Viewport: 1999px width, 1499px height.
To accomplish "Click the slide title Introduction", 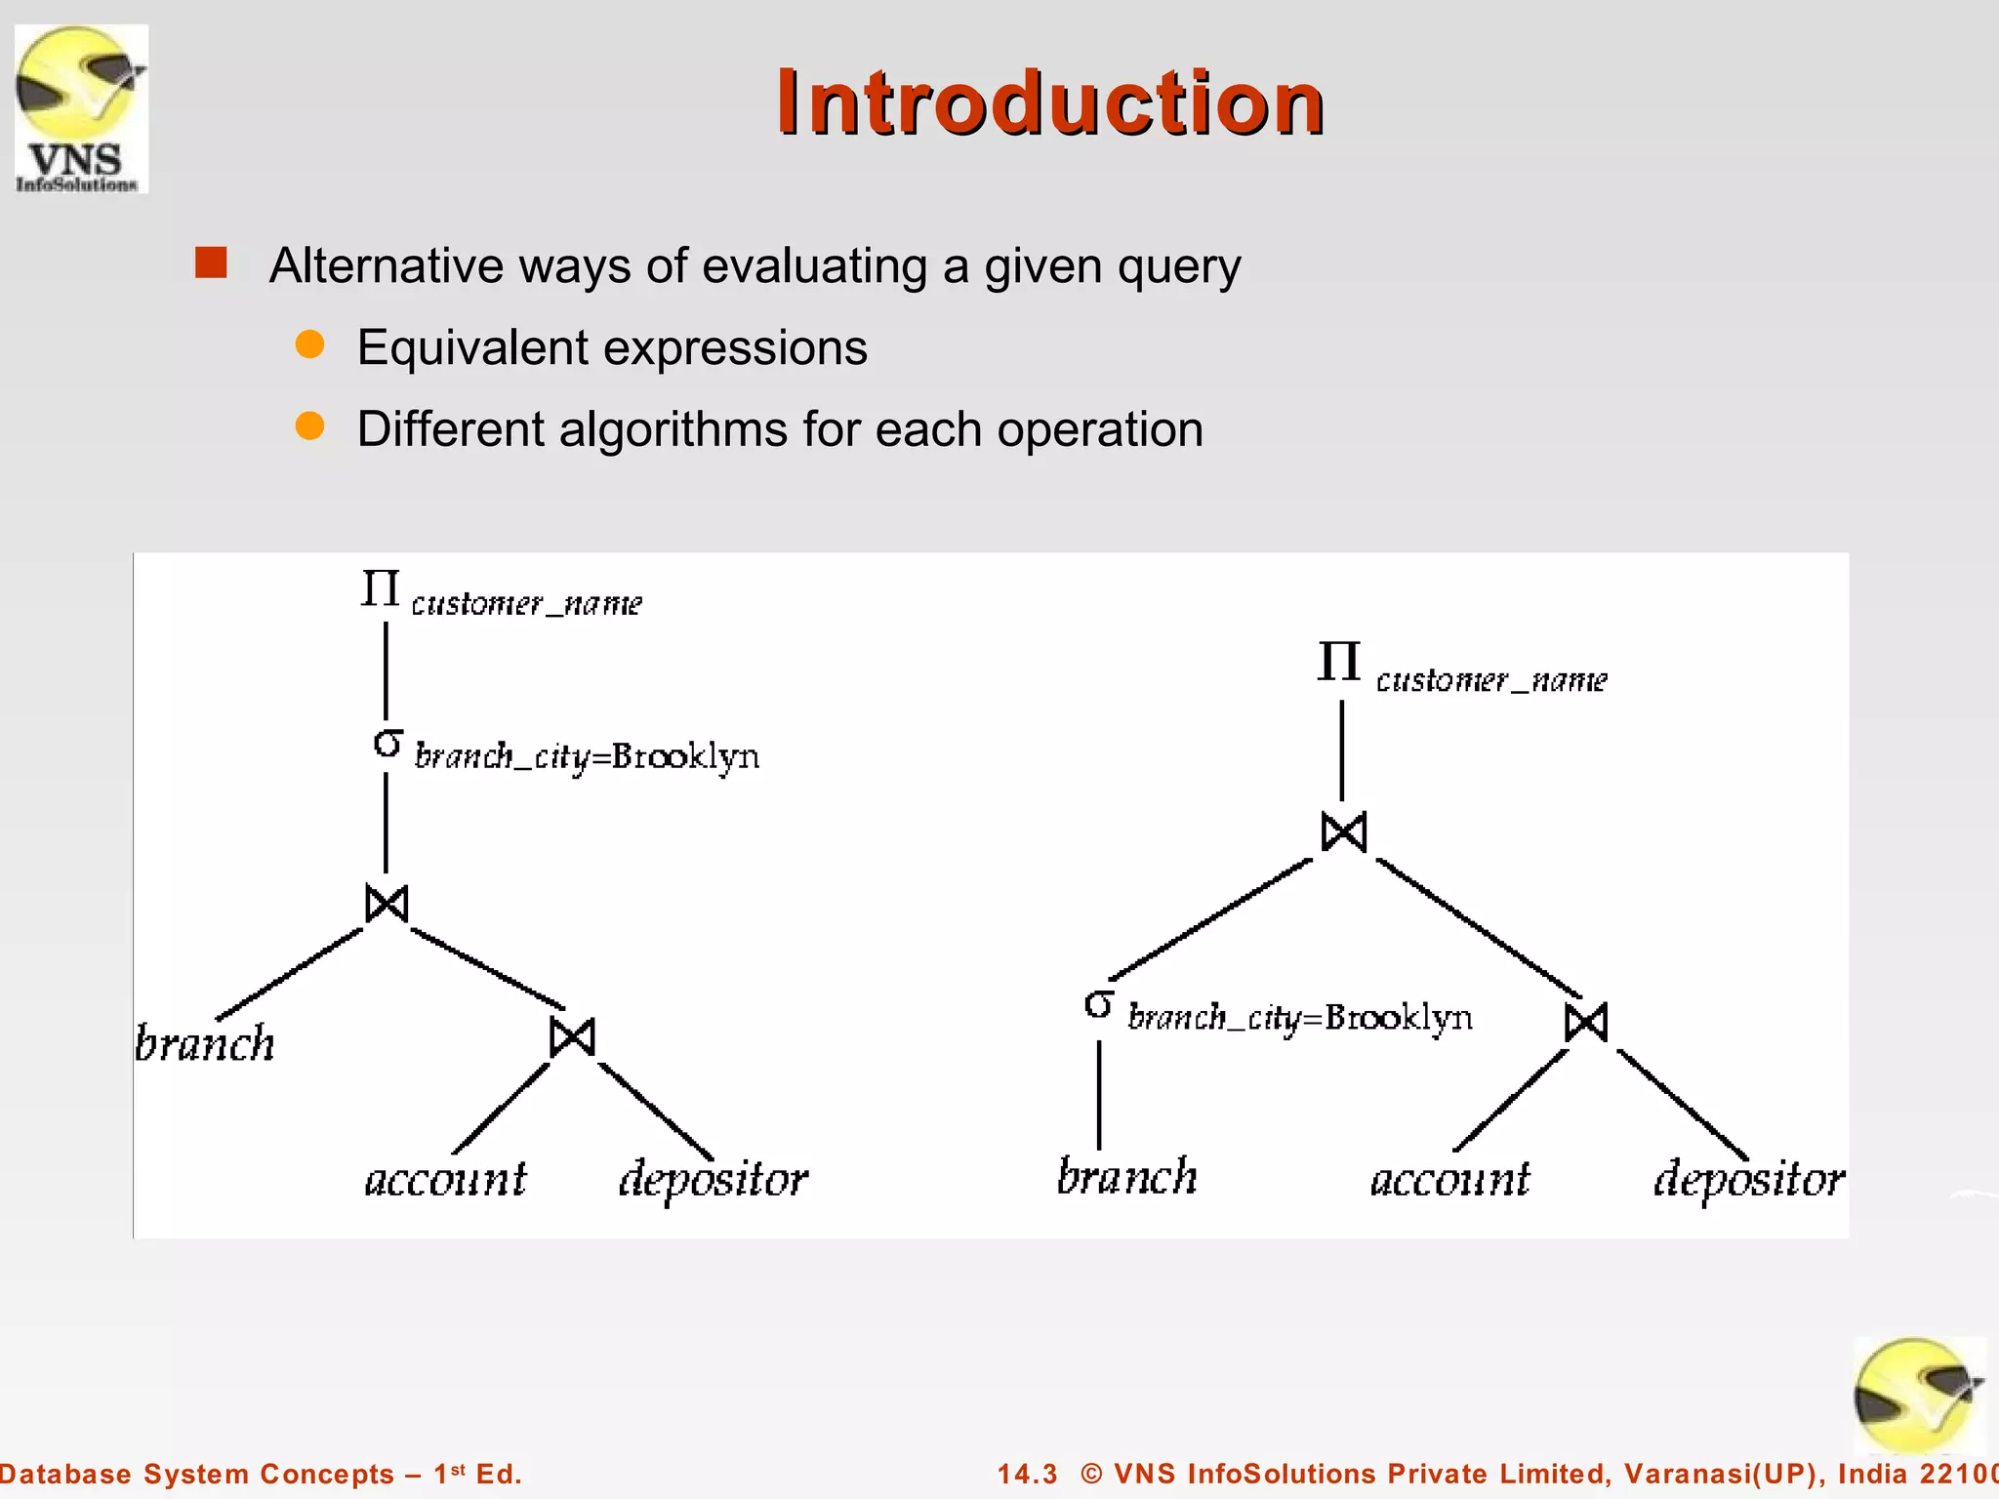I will coord(1049,102).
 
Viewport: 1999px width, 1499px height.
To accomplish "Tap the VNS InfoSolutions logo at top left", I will coord(81,107).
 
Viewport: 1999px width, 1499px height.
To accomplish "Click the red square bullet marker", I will coord(211,263).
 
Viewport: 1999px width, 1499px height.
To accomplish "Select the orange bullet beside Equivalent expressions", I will coord(309,344).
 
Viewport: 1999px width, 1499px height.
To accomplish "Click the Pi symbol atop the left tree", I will coord(380,588).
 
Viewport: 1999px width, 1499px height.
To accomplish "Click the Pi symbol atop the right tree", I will coord(1338,662).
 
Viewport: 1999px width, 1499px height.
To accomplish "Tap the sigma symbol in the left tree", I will coord(388,745).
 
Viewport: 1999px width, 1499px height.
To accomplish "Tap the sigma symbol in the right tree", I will coord(1099,1004).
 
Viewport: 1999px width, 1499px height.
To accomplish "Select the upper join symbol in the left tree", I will coord(387,903).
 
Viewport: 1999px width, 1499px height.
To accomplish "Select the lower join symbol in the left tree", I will coord(572,1036).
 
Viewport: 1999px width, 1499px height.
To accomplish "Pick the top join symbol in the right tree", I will coord(1344,832).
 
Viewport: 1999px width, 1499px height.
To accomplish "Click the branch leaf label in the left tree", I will coord(205,1043).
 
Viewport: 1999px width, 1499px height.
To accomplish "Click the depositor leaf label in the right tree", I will coord(1748,1180).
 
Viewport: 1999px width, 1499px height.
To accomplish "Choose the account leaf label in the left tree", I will coord(445,1180).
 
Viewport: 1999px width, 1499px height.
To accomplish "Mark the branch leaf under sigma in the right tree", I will coord(1126,1176).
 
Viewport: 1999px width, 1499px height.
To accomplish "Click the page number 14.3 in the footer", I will coord(1027,1474).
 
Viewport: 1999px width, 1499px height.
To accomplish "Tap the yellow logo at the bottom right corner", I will coord(1917,1396).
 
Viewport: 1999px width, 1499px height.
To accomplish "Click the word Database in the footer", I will coord(65,1474).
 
